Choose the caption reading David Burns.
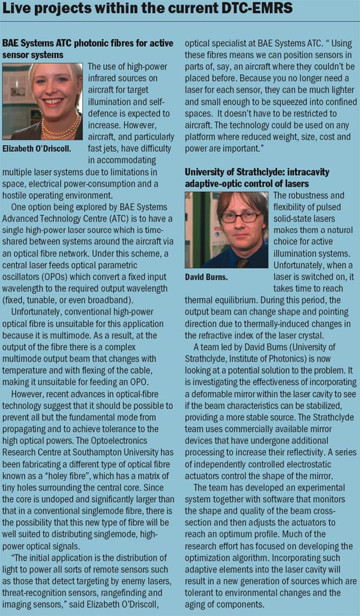click(x=210, y=278)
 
